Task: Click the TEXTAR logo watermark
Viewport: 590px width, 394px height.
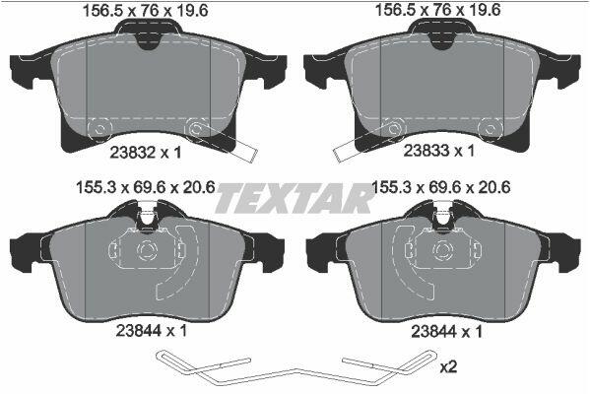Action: pyautogui.click(x=294, y=198)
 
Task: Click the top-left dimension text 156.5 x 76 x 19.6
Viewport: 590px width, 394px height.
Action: pyautogui.click(x=145, y=11)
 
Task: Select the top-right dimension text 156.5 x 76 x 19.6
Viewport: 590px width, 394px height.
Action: pyautogui.click(x=438, y=10)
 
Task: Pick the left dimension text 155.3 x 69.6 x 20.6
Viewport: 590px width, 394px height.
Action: pyautogui.click(x=146, y=187)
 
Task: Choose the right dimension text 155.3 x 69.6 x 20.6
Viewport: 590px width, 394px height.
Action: pyautogui.click(x=441, y=187)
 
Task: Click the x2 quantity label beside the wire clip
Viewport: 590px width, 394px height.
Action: pyautogui.click(x=448, y=366)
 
